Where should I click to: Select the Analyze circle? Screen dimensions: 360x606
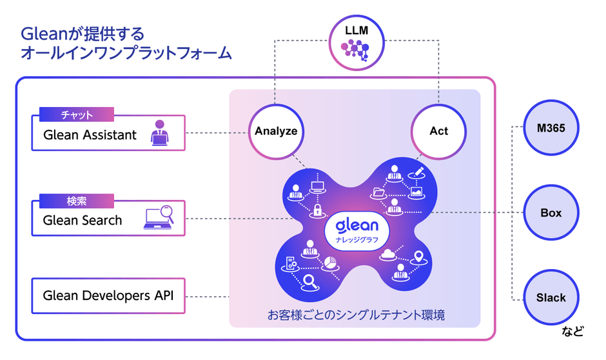[x=276, y=131]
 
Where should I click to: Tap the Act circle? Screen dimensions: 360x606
[x=438, y=131]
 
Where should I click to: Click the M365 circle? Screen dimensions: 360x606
[x=551, y=128]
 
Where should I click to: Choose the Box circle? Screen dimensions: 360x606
[x=551, y=213]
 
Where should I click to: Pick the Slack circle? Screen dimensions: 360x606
[x=551, y=297]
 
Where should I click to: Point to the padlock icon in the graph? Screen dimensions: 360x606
[x=317, y=210]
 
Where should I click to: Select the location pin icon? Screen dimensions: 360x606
[x=419, y=257]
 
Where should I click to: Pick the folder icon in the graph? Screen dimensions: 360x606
[x=378, y=192]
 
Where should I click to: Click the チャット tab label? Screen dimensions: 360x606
[x=77, y=115]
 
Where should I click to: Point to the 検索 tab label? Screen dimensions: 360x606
[x=77, y=201]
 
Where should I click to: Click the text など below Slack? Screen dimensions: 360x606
[x=572, y=332]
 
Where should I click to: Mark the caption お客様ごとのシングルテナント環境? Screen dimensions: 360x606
[x=356, y=315]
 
